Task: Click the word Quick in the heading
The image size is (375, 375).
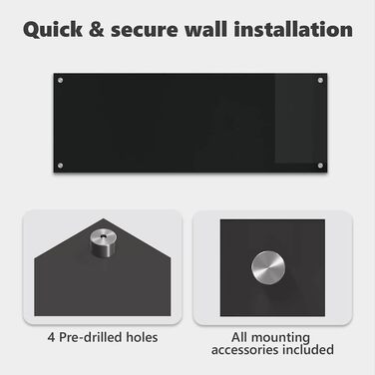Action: (53, 30)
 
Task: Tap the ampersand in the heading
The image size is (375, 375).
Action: (97, 30)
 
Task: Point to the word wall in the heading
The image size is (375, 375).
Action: (206, 29)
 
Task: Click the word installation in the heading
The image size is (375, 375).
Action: (293, 29)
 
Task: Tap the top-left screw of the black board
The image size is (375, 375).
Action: (60, 80)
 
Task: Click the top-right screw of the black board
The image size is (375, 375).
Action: (320, 80)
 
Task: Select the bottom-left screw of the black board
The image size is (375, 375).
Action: (60, 166)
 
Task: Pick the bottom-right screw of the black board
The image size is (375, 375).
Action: (320, 166)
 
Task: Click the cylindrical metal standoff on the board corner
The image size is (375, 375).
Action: (103, 242)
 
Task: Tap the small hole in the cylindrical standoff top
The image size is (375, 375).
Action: (104, 235)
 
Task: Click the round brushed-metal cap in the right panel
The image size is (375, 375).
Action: (268, 268)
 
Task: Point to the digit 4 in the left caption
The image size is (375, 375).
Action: (51, 337)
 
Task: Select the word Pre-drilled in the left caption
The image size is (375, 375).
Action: (90, 337)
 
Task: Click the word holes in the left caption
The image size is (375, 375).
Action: (142, 337)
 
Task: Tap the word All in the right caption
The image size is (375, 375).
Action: (239, 337)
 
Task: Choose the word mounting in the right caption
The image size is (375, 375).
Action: (280, 338)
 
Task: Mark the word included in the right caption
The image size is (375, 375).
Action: (308, 349)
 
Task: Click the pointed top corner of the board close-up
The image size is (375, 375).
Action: (104, 218)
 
